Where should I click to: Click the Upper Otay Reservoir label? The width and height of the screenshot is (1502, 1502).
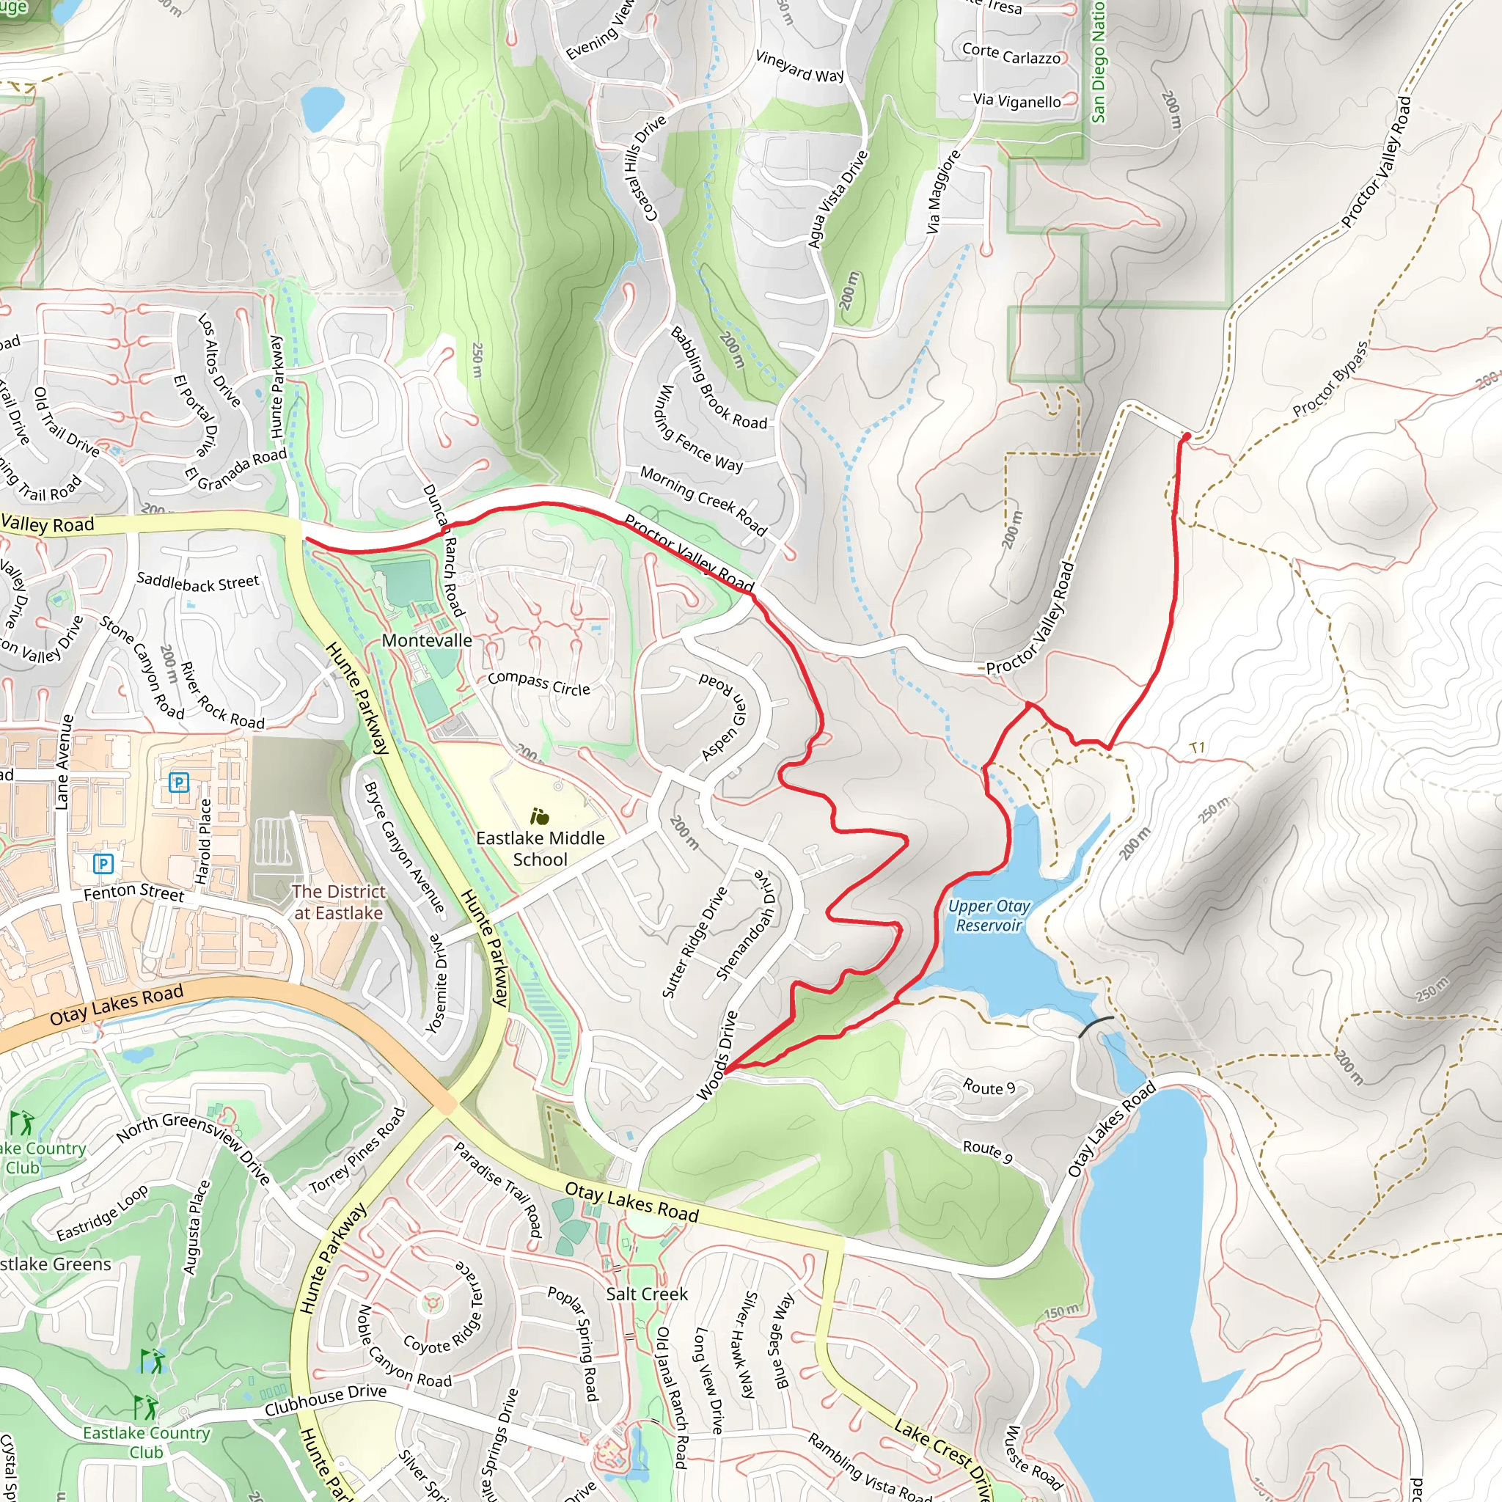click(x=988, y=916)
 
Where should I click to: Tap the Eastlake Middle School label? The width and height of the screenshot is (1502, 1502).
click(x=541, y=849)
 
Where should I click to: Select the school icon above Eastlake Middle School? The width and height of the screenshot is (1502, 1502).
click(x=540, y=816)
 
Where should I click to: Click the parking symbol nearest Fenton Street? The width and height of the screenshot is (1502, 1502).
click(x=103, y=863)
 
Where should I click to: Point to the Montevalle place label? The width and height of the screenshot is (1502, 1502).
click(x=427, y=640)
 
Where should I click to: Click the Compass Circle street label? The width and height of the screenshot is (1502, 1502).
click(x=539, y=684)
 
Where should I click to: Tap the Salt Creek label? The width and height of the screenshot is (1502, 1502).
click(x=647, y=1294)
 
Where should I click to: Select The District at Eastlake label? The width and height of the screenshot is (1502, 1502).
click(x=338, y=902)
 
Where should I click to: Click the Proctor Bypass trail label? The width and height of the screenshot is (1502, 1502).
click(x=1330, y=378)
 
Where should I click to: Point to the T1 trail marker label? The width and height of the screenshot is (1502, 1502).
click(x=1197, y=748)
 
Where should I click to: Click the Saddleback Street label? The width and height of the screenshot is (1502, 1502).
click(x=197, y=582)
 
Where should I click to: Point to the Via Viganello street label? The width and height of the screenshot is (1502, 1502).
click(x=1017, y=101)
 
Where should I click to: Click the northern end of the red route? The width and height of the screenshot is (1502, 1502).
click(x=1186, y=437)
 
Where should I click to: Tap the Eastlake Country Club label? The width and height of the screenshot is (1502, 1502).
click(x=146, y=1441)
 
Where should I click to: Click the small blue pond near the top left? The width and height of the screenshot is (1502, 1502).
click(x=322, y=107)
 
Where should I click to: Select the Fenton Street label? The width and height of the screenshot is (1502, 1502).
click(x=133, y=893)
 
